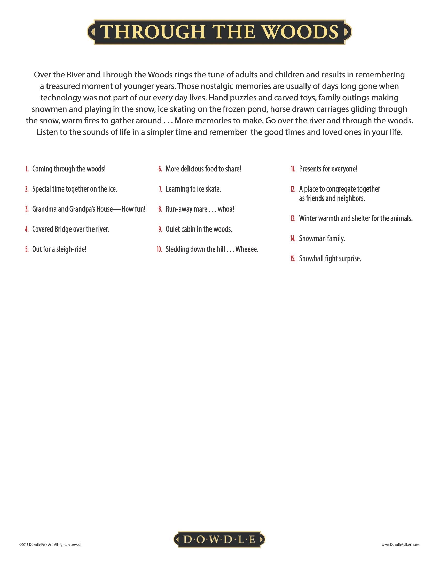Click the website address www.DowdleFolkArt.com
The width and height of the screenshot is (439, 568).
[401, 544]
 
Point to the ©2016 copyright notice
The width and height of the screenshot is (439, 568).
[50, 544]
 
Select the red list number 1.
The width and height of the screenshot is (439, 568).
[27, 169]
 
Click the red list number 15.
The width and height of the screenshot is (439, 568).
[293, 259]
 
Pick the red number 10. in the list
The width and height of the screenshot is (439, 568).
[159, 249]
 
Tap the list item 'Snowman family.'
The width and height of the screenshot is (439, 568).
[322, 239]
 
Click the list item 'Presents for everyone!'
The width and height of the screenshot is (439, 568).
[328, 169]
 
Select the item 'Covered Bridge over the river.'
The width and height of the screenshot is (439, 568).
[70, 229]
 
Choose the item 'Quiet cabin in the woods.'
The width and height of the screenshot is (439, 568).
[199, 229]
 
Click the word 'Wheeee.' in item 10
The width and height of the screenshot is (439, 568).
[247, 249]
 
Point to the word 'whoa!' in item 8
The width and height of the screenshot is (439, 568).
[226, 209]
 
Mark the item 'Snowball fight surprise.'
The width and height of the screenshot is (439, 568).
[330, 259]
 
